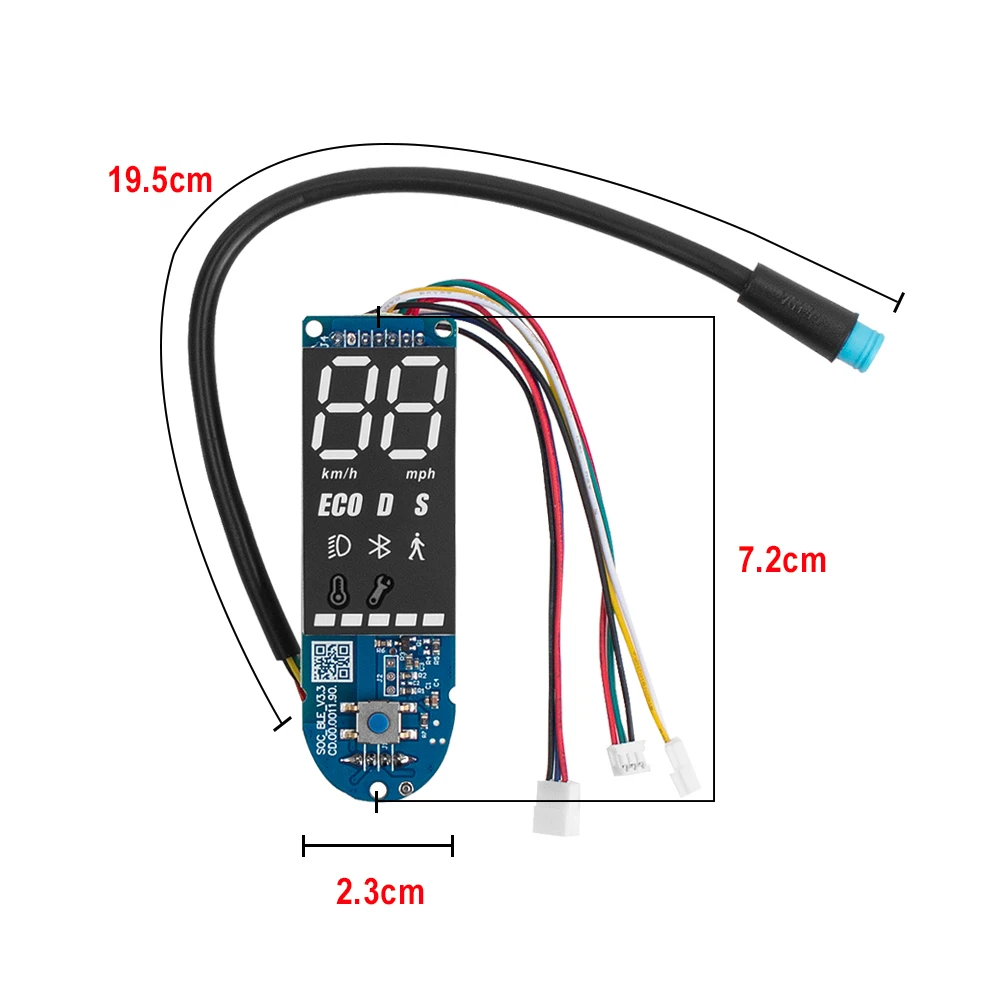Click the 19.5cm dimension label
tap(160, 180)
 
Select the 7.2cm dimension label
tap(782, 560)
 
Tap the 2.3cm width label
tap(380, 891)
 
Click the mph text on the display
tap(420, 473)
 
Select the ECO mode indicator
tap(340, 506)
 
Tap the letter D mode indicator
tap(385, 506)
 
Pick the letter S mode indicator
tap(422, 506)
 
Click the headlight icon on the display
tap(337, 547)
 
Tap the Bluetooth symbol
tap(379, 547)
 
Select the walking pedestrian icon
tap(417, 547)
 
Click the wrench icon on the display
tap(378, 592)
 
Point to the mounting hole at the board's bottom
tap(378, 793)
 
